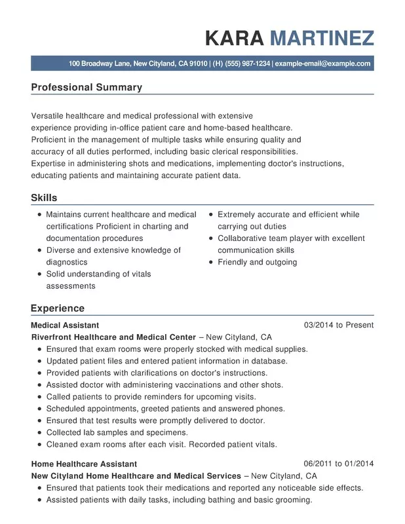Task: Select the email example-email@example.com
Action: (322, 64)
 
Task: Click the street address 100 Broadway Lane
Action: (99, 64)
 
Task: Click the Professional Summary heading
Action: (87, 87)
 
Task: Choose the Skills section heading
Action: (44, 198)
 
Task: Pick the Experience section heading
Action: (58, 308)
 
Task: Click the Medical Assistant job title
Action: (65, 325)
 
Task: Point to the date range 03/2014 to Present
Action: (338, 325)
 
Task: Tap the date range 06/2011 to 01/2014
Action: (338, 464)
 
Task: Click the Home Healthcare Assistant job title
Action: (84, 464)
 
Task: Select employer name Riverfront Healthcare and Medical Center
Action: (113, 337)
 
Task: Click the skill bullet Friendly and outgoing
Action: (257, 262)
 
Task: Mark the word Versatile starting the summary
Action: (49, 116)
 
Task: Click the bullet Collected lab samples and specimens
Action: (117, 432)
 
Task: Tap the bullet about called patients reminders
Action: (151, 397)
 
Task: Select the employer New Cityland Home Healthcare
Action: (136, 476)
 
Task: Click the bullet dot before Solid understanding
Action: (40, 274)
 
